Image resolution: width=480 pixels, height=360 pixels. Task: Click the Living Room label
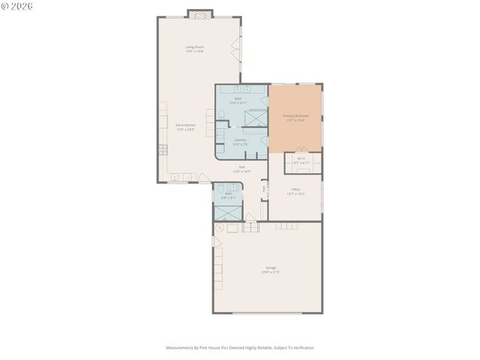(x=195, y=49)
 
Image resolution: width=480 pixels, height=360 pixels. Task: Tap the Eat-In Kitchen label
(x=185, y=127)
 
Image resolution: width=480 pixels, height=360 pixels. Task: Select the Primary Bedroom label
(x=295, y=118)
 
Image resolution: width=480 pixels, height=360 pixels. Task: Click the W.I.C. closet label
(x=301, y=160)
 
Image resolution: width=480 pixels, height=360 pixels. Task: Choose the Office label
(x=295, y=190)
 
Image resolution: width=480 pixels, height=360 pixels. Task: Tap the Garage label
(x=270, y=269)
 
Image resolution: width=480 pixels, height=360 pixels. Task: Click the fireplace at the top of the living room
(x=199, y=13)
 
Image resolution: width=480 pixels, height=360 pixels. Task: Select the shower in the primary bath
(x=256, y=118)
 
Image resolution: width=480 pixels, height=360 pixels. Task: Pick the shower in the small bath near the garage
(x=227, y=211)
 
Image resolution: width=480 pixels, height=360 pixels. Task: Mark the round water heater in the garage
(x=219, y=228)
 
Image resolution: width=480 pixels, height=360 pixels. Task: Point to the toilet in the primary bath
(x=222, y=115)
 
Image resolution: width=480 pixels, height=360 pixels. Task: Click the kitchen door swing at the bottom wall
(x=203, y=178)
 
